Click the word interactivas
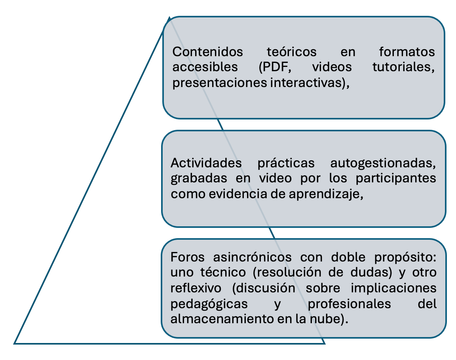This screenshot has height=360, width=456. (313, 83)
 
